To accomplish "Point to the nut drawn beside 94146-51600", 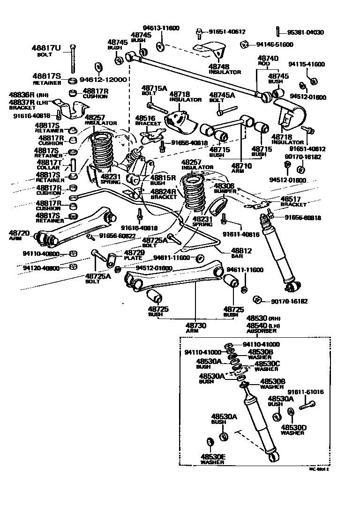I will point(244,45).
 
